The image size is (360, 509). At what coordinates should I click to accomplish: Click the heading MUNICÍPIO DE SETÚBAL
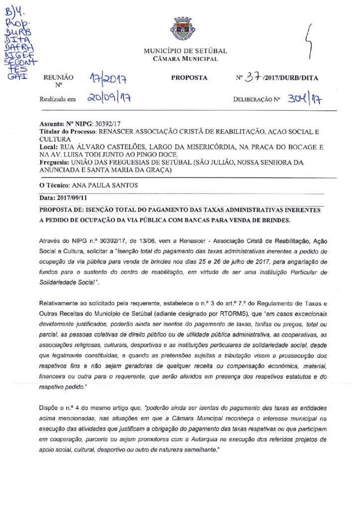point(185,51)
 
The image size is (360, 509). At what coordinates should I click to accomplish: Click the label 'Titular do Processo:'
point(68,132)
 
